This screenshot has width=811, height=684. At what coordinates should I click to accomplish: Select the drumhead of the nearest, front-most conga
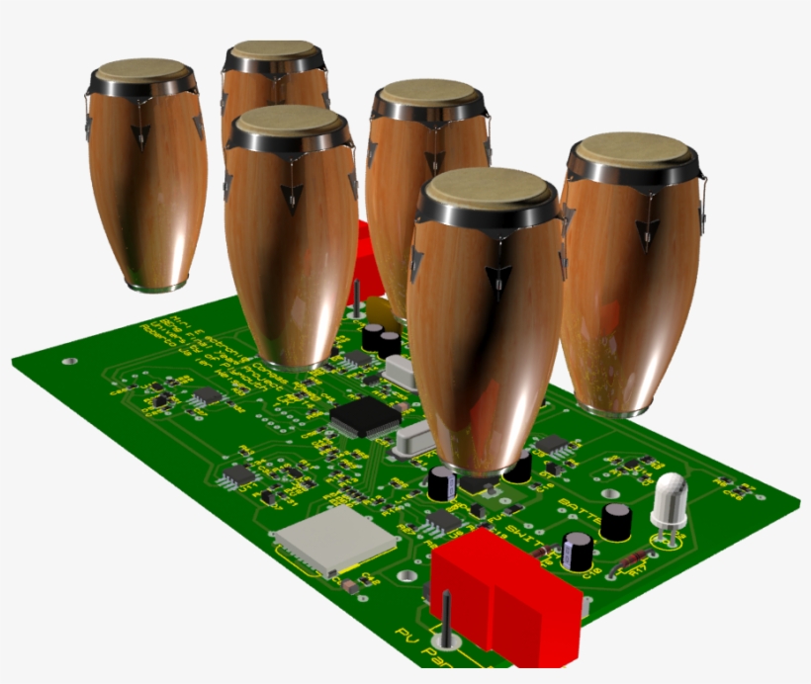[x=487, y=189]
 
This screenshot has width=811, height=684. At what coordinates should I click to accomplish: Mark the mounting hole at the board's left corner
[x=67, y=362]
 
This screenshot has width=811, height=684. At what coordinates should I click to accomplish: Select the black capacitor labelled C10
[x=578, y=551]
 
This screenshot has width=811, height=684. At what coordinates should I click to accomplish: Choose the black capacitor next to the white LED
[x=617, y=521]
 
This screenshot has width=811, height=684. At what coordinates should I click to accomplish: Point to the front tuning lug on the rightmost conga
[x=647, y=231]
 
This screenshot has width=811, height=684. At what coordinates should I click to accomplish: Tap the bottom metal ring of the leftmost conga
[x=155, y=286]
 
